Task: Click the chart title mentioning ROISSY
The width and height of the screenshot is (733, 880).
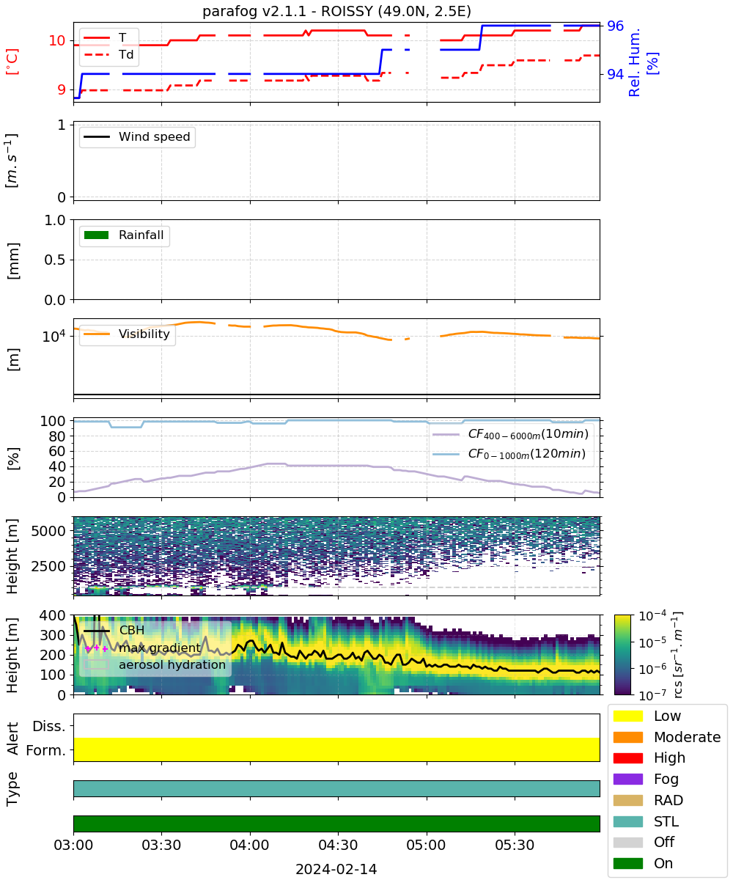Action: [336, 11]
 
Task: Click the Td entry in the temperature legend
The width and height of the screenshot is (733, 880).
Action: [108, 55]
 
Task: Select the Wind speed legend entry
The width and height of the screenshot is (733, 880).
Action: [137, 136]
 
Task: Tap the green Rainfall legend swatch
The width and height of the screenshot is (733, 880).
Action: [97, 235]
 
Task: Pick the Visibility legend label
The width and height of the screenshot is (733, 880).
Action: [144, 334]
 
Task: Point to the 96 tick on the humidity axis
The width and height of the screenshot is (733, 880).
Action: [615, 26]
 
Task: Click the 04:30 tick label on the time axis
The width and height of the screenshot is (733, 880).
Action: [338, 845]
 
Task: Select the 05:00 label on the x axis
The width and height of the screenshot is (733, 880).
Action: [426, 845]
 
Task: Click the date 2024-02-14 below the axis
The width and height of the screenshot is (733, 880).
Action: [336, 869]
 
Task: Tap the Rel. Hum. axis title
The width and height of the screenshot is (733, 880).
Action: [635, 62]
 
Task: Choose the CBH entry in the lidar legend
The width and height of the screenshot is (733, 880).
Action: [114, 630]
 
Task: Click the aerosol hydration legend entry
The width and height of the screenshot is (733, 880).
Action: [155, 664]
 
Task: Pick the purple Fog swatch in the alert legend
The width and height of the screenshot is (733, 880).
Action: [627, 779]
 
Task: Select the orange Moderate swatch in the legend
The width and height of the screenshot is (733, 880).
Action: [627, 737]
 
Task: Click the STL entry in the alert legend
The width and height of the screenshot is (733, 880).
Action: [646, 821]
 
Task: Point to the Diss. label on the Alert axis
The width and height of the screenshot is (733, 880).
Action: [49, 726]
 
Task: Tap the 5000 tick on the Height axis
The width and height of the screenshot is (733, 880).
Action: [48, 531]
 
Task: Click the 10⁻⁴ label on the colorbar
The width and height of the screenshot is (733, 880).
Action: [653, 616]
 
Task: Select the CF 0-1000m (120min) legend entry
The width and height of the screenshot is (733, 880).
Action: [509, 454]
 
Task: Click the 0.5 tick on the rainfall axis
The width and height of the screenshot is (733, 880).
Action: [55, 260]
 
